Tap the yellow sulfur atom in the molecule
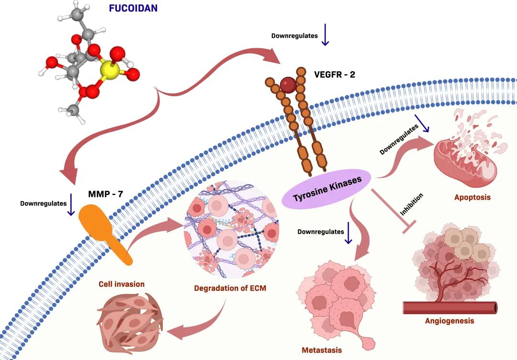pos(110,71)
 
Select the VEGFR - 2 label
pos(335,75)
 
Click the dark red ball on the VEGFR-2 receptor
pos(288,85)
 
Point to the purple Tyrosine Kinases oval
pos(327,189)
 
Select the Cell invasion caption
pos(122,284)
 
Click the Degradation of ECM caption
pos(230,288)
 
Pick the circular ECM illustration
pos(232,229)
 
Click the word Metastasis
pos(322,350)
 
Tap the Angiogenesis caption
pos(450,320)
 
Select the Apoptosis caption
pos(472,197)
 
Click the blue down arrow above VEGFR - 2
pos(325,36)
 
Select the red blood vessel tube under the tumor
pos(450,307)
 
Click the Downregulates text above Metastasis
pos(321,232)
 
